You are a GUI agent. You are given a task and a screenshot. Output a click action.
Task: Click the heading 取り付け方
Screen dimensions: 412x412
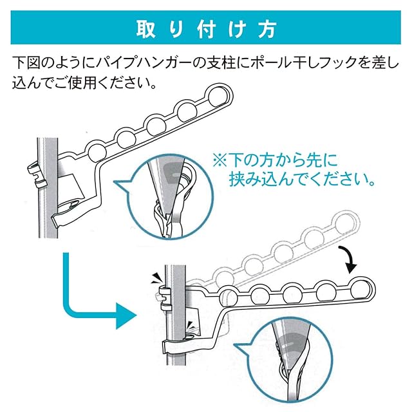(x=206, y=30)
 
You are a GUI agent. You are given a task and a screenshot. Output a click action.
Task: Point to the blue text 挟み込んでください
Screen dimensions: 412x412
(x=303, y=179)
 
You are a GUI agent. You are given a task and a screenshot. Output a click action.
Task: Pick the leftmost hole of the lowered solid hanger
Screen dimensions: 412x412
(x=226, y=297)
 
